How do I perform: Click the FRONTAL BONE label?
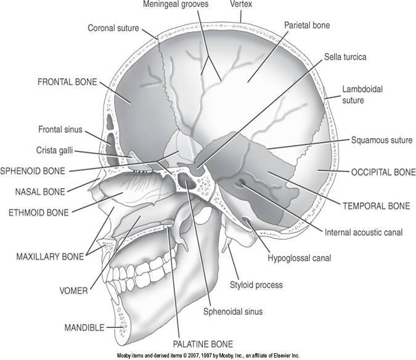[66, 81]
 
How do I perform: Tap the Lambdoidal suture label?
[363, 94]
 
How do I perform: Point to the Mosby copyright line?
[208, 356]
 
